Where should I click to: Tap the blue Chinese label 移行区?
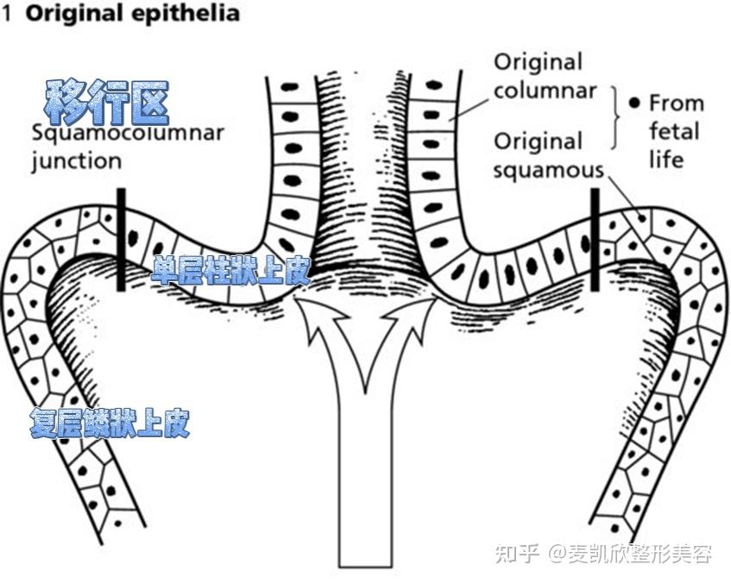click(106, 103)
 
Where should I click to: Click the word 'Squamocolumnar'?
click(128, 134)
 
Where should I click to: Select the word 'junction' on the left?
click(77, 161)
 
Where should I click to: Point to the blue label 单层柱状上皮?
click(230, 272)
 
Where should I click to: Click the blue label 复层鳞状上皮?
click(109, 423)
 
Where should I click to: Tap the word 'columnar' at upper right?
click(545, 91)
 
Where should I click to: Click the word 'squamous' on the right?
click(548, 170)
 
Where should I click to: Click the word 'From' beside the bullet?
click(676, 103)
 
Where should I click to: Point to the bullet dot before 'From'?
click(634, 103)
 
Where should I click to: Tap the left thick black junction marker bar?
click(121, 239)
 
